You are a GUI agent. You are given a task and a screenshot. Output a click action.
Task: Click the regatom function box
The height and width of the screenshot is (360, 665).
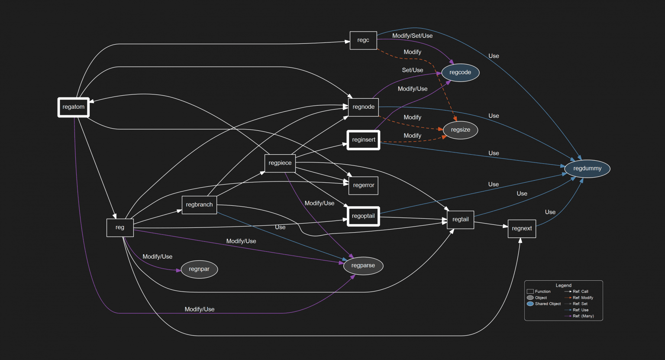tap(74, 107)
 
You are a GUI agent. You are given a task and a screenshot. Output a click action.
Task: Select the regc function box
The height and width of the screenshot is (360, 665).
tap(363, 40)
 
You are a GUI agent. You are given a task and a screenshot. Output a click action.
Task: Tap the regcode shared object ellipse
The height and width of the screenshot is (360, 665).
tap(460, 72)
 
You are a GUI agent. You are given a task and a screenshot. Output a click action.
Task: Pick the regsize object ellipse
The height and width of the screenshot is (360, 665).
tap(460, 130)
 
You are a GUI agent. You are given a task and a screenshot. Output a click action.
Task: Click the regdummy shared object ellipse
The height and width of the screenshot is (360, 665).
tap(587, 169)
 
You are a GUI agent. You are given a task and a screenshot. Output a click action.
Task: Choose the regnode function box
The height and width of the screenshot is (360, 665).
tap(363, 107)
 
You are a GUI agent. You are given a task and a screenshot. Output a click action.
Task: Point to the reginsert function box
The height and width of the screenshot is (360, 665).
tap(363, 140)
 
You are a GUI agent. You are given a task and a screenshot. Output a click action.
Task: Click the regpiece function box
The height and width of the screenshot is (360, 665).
tap(280, 163)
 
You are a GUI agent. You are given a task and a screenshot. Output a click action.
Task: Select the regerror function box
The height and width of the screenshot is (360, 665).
tap(363, 185)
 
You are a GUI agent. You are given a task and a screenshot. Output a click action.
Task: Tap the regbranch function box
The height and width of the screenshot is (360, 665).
tap(199, 205)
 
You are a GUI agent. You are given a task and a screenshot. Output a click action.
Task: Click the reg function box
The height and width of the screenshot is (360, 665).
tap(120, 227)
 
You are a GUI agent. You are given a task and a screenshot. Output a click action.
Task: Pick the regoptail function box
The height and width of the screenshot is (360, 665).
tap(363, 216)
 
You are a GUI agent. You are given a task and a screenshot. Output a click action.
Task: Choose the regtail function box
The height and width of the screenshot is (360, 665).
tap(460, 220)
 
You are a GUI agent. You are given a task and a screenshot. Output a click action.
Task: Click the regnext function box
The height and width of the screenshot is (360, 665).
tap(522, 229)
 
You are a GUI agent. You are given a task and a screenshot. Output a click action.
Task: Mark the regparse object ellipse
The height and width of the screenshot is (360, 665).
tap(363, 266)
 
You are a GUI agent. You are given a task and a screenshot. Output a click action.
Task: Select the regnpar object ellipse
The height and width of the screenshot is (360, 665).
tap(199, 269)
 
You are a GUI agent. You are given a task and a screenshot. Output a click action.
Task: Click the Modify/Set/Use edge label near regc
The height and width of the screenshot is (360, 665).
tap(412, 36)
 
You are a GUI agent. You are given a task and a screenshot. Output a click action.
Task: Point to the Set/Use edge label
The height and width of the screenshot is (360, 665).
tap(412, 70)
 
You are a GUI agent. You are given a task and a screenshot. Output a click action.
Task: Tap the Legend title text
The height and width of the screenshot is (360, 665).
tap(563, 285)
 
